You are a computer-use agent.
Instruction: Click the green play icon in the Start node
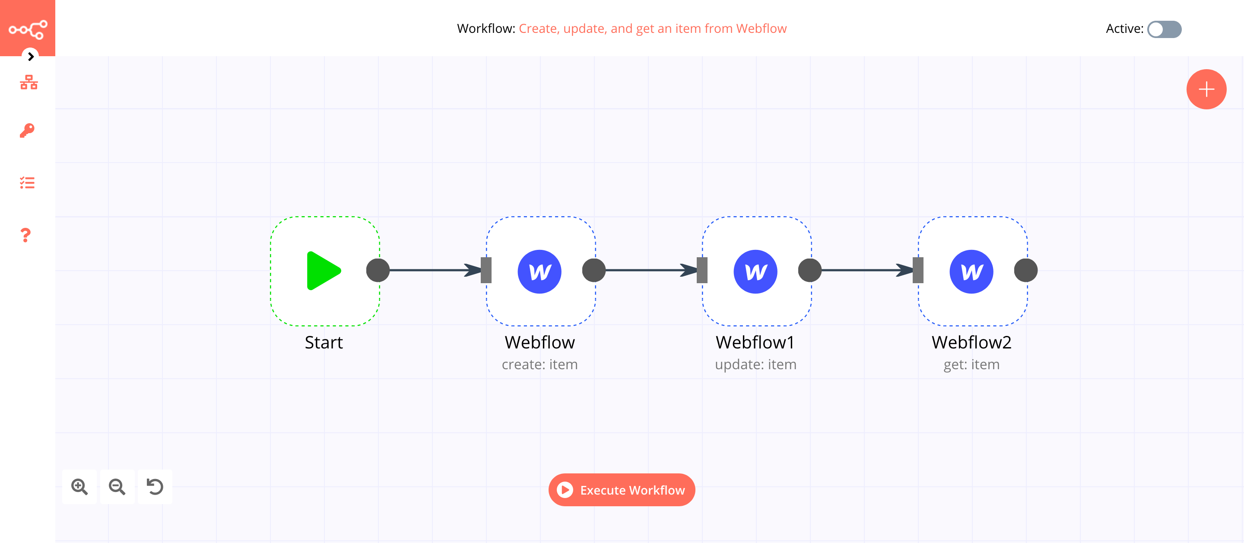click(323, 271)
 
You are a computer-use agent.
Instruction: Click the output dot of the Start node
click(378, 270)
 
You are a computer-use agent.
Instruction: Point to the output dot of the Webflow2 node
click(1025, 270)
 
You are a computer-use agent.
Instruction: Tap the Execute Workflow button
click(622, 490)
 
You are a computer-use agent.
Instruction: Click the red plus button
click(1206, 89)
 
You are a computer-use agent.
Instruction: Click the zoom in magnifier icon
click(79, 486)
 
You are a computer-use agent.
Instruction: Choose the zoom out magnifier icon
click(117, 486)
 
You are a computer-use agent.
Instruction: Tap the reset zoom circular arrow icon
click(155, 486)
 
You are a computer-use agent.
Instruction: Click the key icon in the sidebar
click(27, 131)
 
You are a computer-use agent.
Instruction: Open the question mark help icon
click(25, 235)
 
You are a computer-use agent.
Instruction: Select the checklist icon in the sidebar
click(27, 183)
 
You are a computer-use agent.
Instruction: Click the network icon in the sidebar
click(29, 82)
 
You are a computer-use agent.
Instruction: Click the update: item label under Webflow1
click(755, 364)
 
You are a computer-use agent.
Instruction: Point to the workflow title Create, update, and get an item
click(652, 29)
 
